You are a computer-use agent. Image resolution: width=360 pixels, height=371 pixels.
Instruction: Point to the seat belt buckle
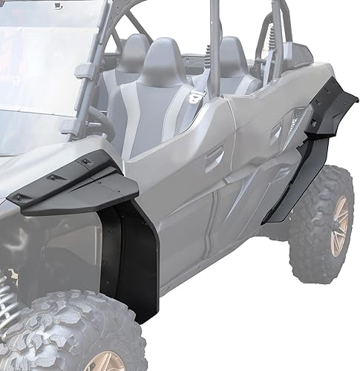(196, 95)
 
